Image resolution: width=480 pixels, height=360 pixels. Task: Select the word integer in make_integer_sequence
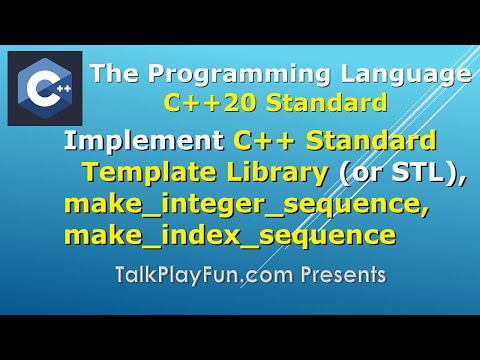coord(204,207)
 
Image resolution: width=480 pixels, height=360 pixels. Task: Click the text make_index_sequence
coord(228,237)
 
